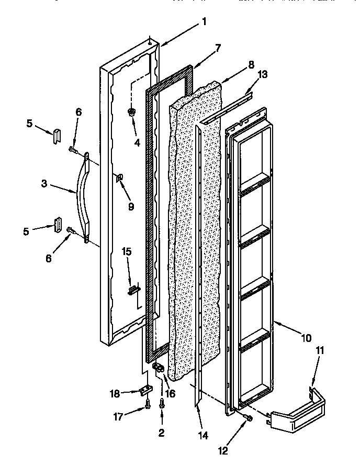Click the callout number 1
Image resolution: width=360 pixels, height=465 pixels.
coord(204,21)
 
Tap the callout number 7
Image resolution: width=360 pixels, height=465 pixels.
coord(218,48)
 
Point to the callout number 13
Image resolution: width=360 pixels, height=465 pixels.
coord(263,74)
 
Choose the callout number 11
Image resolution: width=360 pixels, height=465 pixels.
coord(319,350)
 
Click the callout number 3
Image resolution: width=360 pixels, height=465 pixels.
coord(45,184)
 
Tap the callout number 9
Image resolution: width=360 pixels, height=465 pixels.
coord(131,207)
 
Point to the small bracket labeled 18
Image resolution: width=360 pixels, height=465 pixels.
coord(145,390)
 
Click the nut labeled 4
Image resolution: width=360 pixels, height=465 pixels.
coord(131,112)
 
